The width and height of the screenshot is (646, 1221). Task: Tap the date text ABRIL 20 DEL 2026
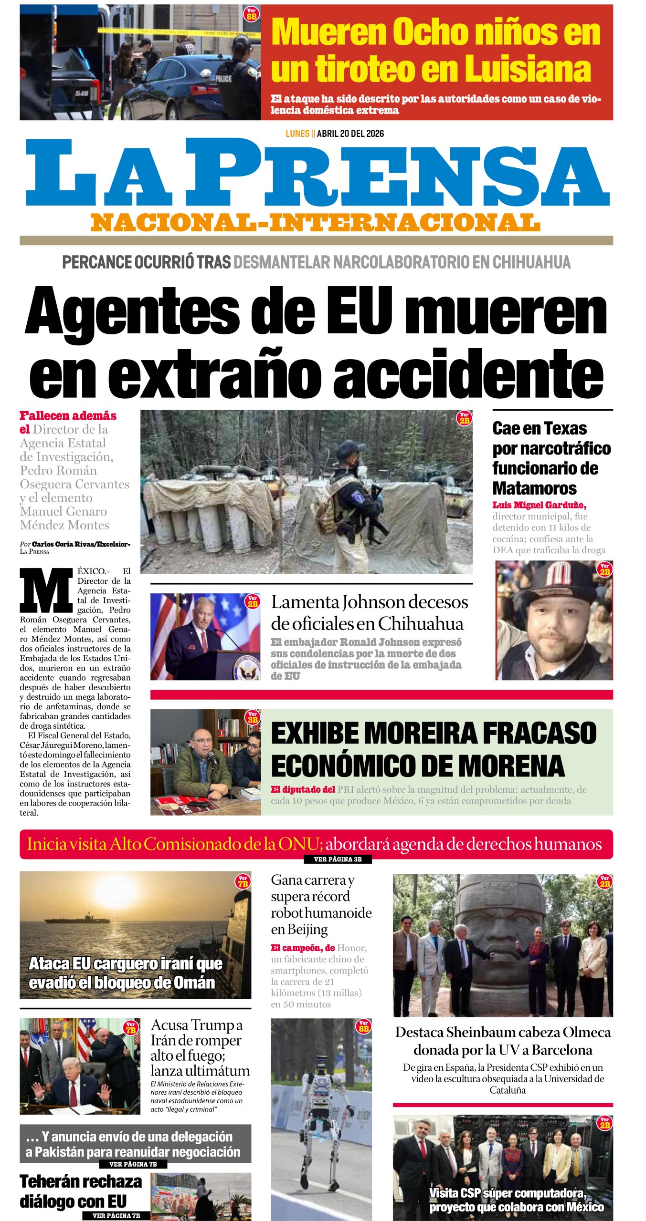[350, 134]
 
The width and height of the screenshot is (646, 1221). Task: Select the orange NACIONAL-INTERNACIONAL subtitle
[315, 223]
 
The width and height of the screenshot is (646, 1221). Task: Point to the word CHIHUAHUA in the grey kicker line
[531, 262]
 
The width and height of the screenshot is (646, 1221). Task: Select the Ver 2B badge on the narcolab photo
[464, 418]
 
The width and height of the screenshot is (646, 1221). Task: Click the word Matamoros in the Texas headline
[534, 488]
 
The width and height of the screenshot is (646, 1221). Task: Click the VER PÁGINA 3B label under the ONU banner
[338, 859]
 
